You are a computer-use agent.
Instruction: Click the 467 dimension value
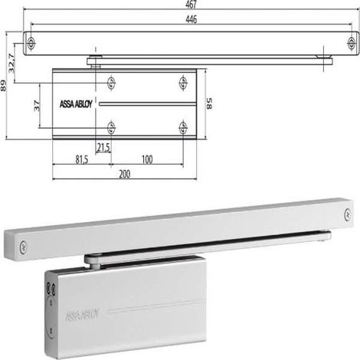pyautogui.click(x=191, y=5)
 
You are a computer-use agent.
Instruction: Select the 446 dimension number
pyautogui.click(x=191, y=19)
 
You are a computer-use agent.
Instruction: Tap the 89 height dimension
pyautogui.click(x=3, y=86)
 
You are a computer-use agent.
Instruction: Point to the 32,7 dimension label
pyautogui.click(x=11, y=64)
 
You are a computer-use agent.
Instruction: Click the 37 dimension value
pyautogui.click(x=37, y=106)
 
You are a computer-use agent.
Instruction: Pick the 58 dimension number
pyautogui.click(x=209, y=103)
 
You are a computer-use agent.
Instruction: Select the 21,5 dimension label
pyautogui.click(x=103, y=147)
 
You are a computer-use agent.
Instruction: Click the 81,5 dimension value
pyautogui.click(x=82, y=160)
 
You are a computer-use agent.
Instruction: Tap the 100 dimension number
pyautogui.click(x=147, y=159)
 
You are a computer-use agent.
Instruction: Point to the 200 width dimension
pyautogui.click(x=125, y=174)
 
